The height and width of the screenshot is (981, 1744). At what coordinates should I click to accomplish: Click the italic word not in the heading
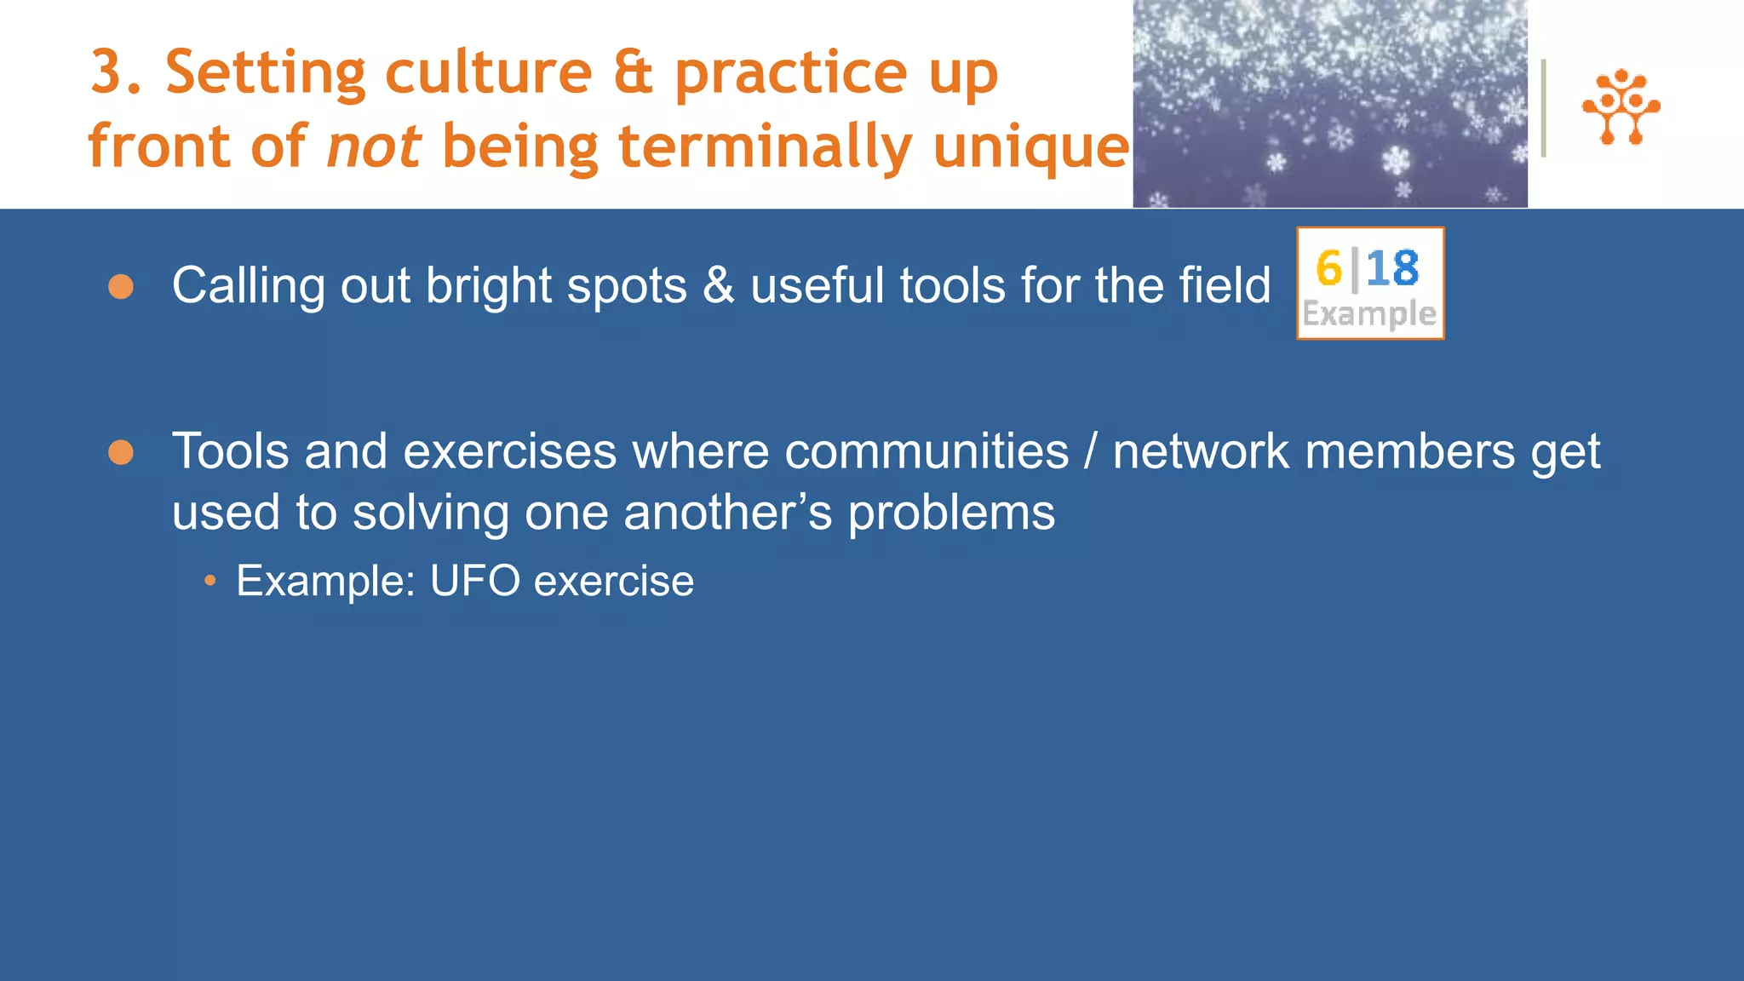(x=374, y=146)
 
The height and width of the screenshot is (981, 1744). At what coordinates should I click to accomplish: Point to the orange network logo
(x=1621, y=107)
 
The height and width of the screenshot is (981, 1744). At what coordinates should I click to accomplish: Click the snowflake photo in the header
(x=1329, y=103)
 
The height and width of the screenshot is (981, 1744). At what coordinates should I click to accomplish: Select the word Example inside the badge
(x=1369, y=314)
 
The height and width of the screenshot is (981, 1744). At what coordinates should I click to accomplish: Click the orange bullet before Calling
(x=121, y=287)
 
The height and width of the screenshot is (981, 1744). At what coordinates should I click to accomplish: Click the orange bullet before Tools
(x=121, y=452)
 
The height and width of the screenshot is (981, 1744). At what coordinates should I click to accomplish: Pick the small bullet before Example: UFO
(x=209, y=582)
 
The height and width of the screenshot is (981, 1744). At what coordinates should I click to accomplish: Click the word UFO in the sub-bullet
(x=474, y=581)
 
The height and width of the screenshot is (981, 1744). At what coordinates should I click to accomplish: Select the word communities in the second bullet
(x=926, y=451)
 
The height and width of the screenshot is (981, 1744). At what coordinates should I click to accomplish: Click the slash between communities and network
(x=1091, y=451)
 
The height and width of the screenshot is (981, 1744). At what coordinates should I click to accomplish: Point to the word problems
(x=951, y=513)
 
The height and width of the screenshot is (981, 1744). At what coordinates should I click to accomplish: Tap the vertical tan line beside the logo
(x=1543, y=108)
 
